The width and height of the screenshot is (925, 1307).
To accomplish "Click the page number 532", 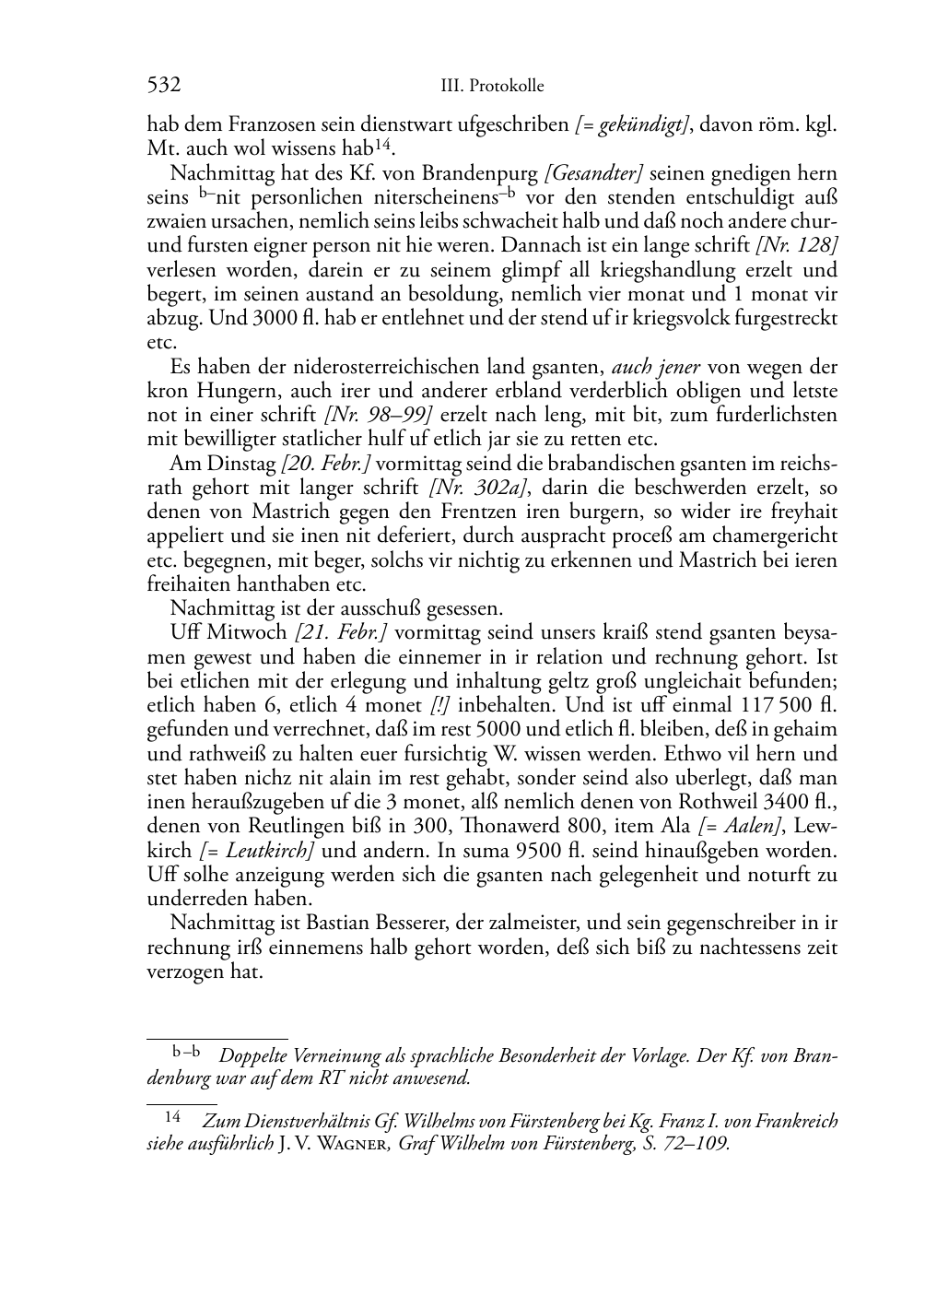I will coord(163,86).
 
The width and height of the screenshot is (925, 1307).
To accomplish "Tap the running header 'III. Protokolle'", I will coord(492,87).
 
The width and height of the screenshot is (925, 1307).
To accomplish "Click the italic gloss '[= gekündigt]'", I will coord(631,125).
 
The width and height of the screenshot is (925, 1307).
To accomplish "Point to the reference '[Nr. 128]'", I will coord(796,246).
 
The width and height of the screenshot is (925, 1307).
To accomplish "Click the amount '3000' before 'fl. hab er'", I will coord(273,318).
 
